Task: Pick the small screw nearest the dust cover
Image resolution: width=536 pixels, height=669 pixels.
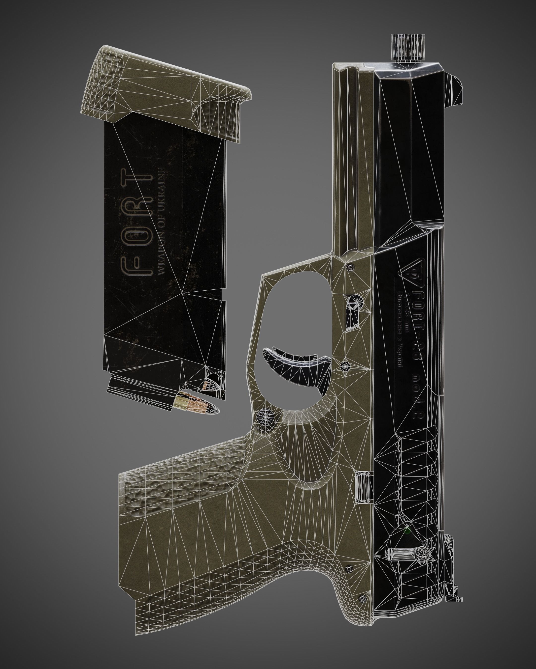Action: (351, 267)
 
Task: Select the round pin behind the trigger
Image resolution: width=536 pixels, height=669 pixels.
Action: (345, 366)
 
